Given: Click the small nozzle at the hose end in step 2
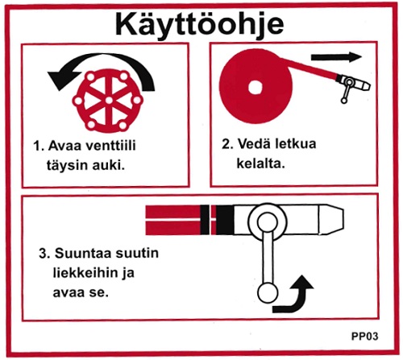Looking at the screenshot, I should (352, 84).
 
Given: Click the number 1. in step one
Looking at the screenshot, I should (39, 147).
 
